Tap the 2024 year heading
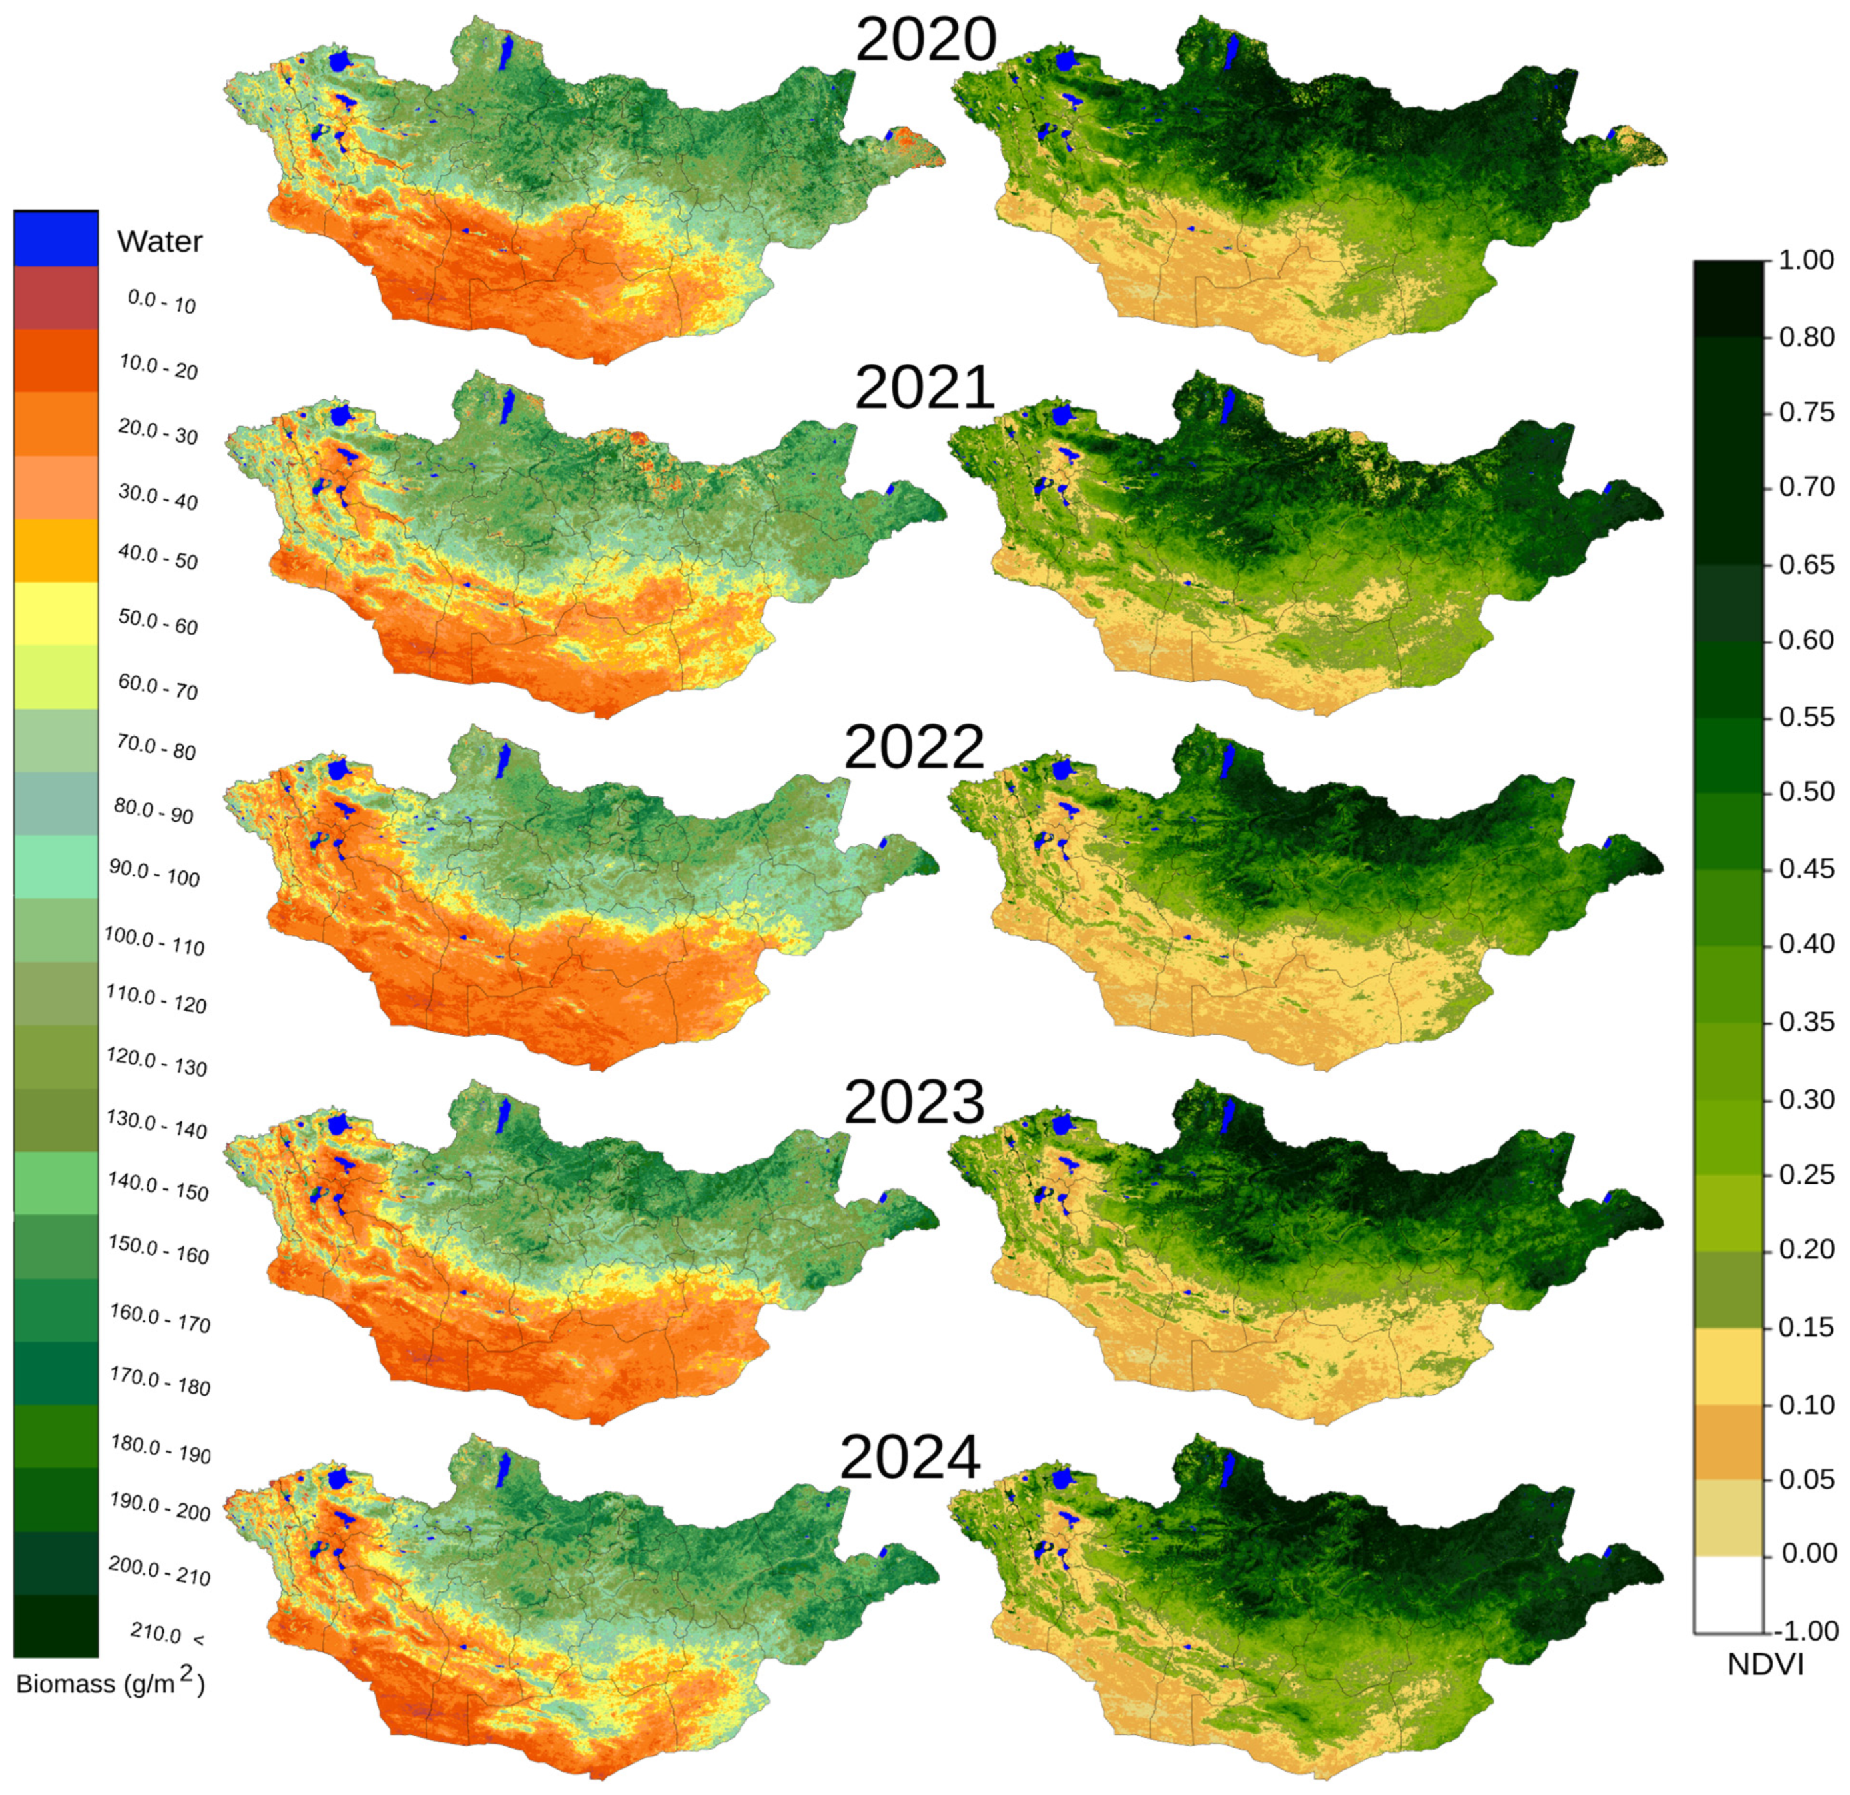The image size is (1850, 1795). click(x=910, y=1458)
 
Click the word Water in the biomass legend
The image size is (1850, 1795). click(x=160, y=242)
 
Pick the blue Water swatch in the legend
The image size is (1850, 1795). click(x=56, y=239)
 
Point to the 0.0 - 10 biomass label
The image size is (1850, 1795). click(x=161, y=302)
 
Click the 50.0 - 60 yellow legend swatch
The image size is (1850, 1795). click(x=56, y=613)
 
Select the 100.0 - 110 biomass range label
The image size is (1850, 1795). click(x=154, y=942)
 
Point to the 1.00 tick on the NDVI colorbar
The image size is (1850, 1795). click(x=1805, y=260)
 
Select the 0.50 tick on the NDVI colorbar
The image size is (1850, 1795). click(x=1805, y=792)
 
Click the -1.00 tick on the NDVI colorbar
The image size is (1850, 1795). click(x=1805, y=1630)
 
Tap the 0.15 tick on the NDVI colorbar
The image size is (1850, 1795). click(x=1805, y=1327)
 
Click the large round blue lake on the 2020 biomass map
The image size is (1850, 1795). click(x=342, y=63)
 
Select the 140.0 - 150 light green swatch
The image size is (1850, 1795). click(x=56, y=1182)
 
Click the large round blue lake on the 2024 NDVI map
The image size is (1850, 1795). click(x=1065, y=1478)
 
